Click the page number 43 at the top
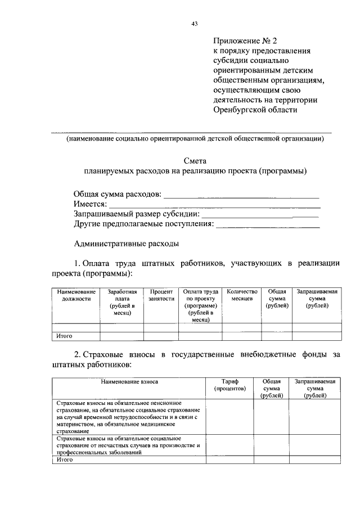pyautogui.click(x=194, y=24)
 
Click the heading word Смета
pyautogui.click(x=195, y=160)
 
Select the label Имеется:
pyautogui.click(x=90, y=204)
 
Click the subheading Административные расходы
pyautogui.click(x=127, y=244)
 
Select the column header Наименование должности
pyautogui.click(x=75, y=295)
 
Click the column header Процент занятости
pyautogui.click(x=161, y=295)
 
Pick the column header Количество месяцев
pyautogui.click(x=242, y=295)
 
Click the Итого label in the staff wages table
pyautogui.click(x=65, y=336)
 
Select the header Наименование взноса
pyautogui.click(x=129, y=381)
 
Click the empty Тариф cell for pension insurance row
pyautogui.click(x=229, y=417)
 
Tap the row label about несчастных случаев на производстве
pyautogui.click(x=129, y=444)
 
